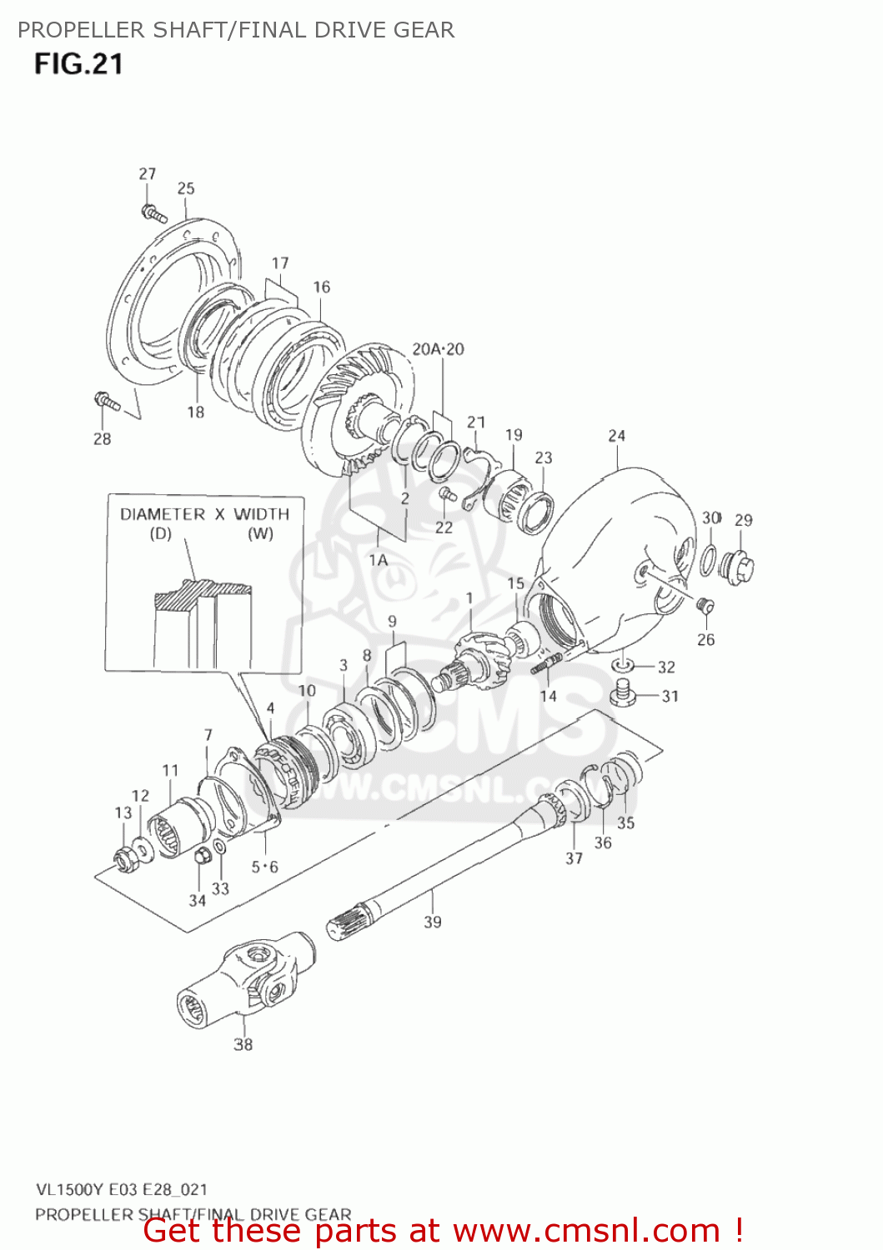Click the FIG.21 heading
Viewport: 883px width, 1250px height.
pos(78,64)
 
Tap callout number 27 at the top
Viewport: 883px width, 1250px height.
pos(147,173)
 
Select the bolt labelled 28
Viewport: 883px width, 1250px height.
pos(106,402)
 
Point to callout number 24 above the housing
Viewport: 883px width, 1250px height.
pos(616,435)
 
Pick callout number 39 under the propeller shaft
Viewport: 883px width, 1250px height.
pos(432,922)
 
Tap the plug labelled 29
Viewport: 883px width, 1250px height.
pos(738,568)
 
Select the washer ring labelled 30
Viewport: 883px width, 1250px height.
pos(707,559)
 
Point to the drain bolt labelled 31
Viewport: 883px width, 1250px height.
pos(623,692)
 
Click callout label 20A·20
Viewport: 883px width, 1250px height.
pos(438,349)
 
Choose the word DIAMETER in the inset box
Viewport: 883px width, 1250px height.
pos(163,514)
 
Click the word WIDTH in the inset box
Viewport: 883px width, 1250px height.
pos(261,514)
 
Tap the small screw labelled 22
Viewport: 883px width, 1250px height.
pos(447,495)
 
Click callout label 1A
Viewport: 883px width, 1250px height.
pos(379,560)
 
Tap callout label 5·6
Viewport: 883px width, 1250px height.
pos(264,867)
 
